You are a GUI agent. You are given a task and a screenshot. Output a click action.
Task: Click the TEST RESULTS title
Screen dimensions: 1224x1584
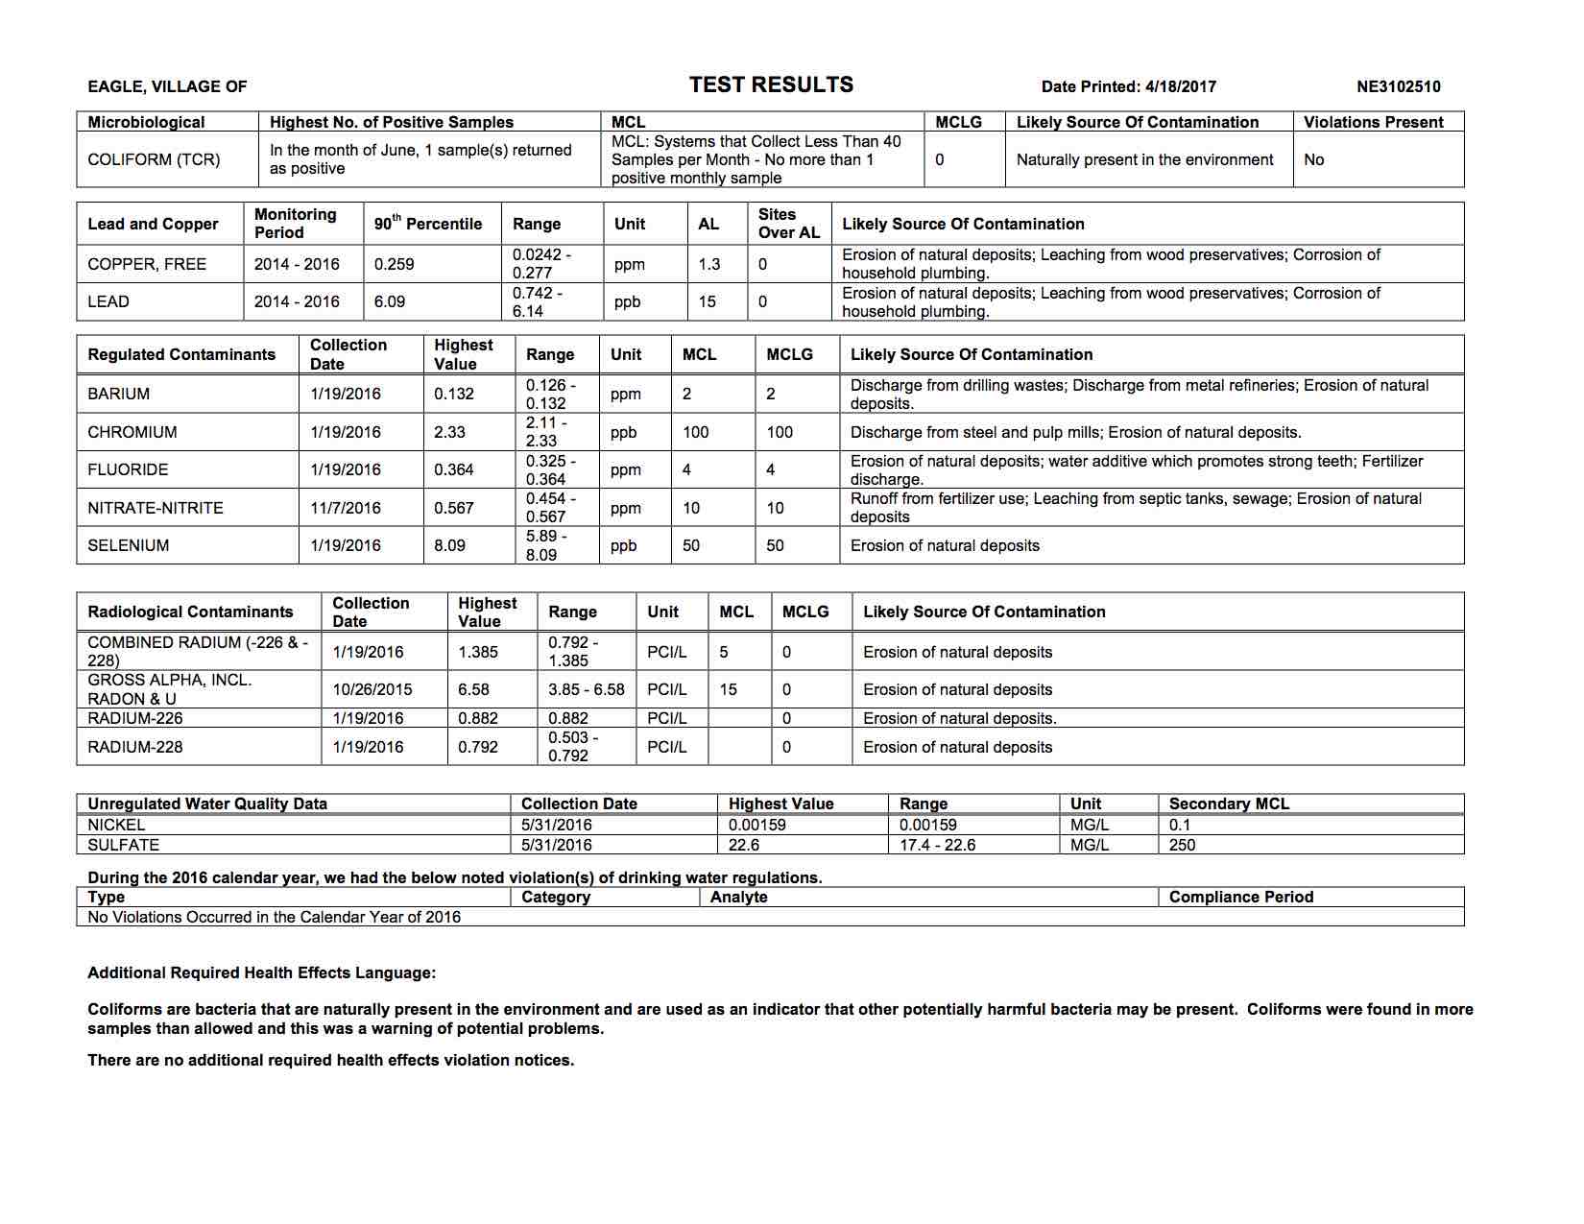pos(771,85)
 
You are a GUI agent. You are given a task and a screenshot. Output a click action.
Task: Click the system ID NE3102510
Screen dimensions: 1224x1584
pos(1398,86)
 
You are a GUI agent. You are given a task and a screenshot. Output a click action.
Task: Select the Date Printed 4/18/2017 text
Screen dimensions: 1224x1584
pos(1128,86)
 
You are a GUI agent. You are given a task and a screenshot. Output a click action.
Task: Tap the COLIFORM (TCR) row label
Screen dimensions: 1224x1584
pos(154,159)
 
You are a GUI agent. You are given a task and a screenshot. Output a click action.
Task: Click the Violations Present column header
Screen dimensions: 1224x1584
pos(1373,122)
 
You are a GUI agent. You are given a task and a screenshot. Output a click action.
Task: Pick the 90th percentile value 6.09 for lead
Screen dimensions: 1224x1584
pos(390,301)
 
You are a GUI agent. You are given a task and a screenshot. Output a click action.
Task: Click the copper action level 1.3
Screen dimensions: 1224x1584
pos(708,264)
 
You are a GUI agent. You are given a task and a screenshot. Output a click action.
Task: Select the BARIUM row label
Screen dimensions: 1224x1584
pos(118,394)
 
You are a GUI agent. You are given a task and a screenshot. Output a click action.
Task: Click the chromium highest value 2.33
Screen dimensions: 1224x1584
pos(449,432)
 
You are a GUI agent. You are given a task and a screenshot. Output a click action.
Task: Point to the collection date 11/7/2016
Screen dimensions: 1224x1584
pos(345,508)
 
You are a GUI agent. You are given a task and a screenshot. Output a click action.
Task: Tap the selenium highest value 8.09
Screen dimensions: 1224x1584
pos(449,545)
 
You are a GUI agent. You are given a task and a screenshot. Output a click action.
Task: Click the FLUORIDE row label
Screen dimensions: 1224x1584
pos(128,469)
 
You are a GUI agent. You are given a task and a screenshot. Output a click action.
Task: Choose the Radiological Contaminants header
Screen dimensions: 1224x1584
pos(190,612)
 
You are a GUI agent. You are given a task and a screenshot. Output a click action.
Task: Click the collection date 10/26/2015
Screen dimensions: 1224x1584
pos(372,689)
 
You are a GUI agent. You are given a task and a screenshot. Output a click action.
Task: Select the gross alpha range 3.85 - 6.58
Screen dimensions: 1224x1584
pos(586,689)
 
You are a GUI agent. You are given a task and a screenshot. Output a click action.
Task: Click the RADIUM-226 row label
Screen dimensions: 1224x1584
pos(134,718)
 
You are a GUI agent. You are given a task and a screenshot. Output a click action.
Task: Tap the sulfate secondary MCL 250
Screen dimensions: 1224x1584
pos(1182,845)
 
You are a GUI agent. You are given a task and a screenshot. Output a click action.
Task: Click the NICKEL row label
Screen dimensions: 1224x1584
pos(116,825)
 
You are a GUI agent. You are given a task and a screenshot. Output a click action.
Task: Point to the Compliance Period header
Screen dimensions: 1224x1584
pos(1240,897)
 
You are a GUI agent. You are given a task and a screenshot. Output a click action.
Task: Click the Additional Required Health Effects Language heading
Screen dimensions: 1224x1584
pos(261,972)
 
